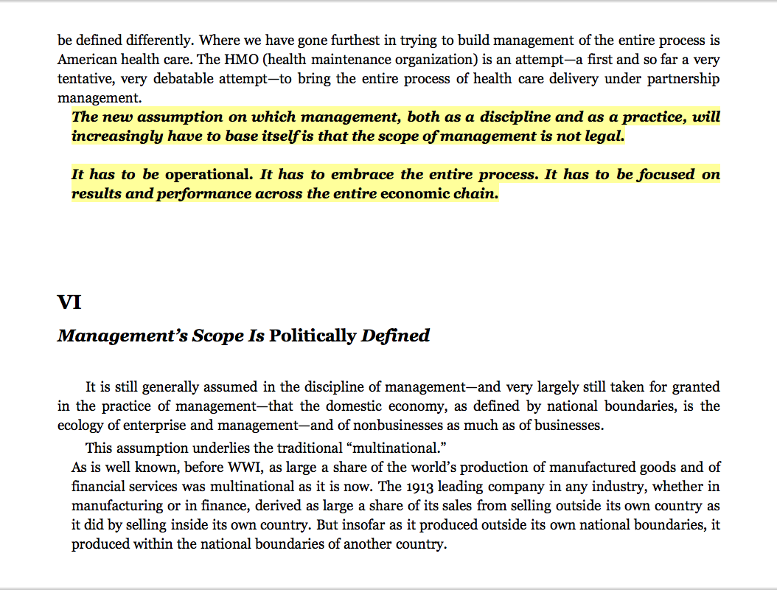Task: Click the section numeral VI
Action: pos(69,303)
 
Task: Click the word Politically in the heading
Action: pos(313,336)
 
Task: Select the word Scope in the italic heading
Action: pos(217,336)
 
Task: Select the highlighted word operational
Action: pos(207,176)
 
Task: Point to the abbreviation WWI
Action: pos(248,468)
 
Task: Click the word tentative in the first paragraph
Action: pos(84,79)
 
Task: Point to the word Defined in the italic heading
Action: pos(395,336)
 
